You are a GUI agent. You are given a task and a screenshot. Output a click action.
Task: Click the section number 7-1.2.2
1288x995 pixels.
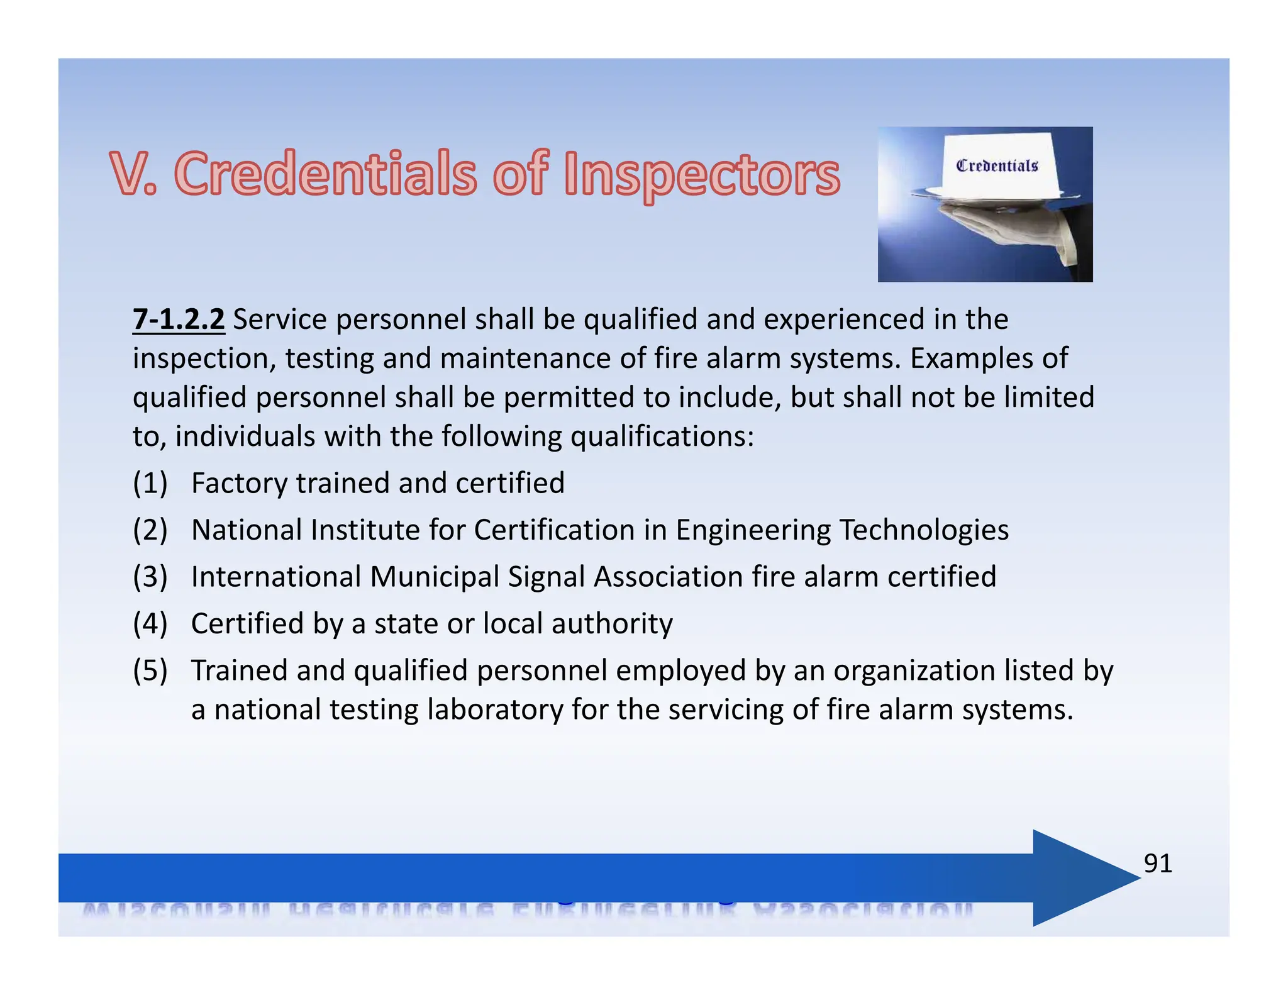pyautogui.click(x=179, y=320)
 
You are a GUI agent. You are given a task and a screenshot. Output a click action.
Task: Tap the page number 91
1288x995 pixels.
pyautogui.click(x=1158, y=864)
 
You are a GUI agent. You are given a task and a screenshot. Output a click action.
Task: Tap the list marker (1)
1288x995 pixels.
pyautogui.click(x=150, y=483)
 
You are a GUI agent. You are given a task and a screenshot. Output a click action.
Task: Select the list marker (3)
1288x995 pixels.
pyautogui.click(x=150, y=577)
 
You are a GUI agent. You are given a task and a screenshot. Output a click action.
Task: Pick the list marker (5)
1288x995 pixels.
pyautogui.click(x=150, y=670)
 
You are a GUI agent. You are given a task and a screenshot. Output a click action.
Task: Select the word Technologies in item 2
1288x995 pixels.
pyautogui.click(x=924, y=530)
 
